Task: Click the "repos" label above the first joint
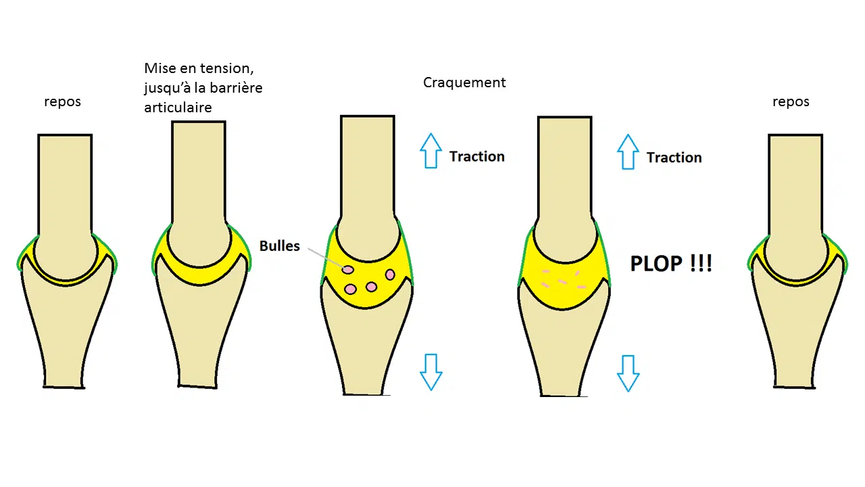[x=62, y=102]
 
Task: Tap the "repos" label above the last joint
[x=791, y=102]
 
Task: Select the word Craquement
[x=464, y=83]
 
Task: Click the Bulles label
[x=279, y=246]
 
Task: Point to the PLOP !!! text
[x=671, y=263]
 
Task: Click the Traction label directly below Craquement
[x=477, y=156]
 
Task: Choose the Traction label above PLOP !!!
[x=674, y=158]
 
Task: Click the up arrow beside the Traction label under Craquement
[x=430, y=151]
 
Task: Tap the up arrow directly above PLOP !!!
[x=628, y=152]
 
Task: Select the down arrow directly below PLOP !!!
[x=628, y=373]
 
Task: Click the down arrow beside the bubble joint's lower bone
[x=430, y=371]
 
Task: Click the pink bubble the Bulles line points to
[x=347, y=270]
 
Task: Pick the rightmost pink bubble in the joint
[x=390, y=274]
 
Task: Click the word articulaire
[x=178, y=108]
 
